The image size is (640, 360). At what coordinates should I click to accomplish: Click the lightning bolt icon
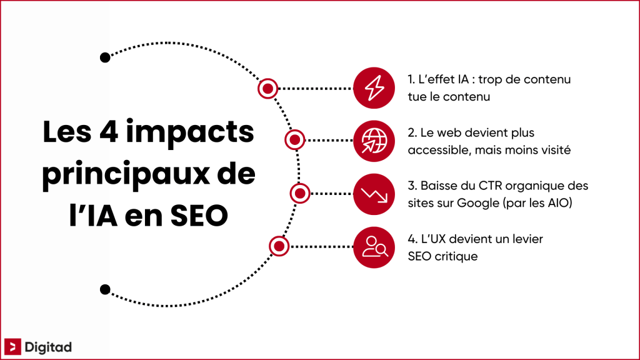(x=374, y=89)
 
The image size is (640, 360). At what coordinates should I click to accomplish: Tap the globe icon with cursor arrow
(x=374, y=141)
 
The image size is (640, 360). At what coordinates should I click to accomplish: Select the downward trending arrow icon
(x=374, y=194)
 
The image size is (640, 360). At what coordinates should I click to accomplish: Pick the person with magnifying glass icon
(x=374, y=247)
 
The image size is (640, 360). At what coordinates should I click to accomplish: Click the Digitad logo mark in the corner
(x=12, y=346)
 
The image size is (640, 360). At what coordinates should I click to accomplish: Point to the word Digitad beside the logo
(x=47, y=346)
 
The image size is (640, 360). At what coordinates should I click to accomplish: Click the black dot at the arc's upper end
(x=105, y=57)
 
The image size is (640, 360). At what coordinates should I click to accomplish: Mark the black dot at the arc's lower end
(x=105, y=289)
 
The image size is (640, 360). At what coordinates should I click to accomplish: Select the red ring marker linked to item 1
(x=267, y=89)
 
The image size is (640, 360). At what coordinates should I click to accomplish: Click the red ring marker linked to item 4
(x=279, y=246)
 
